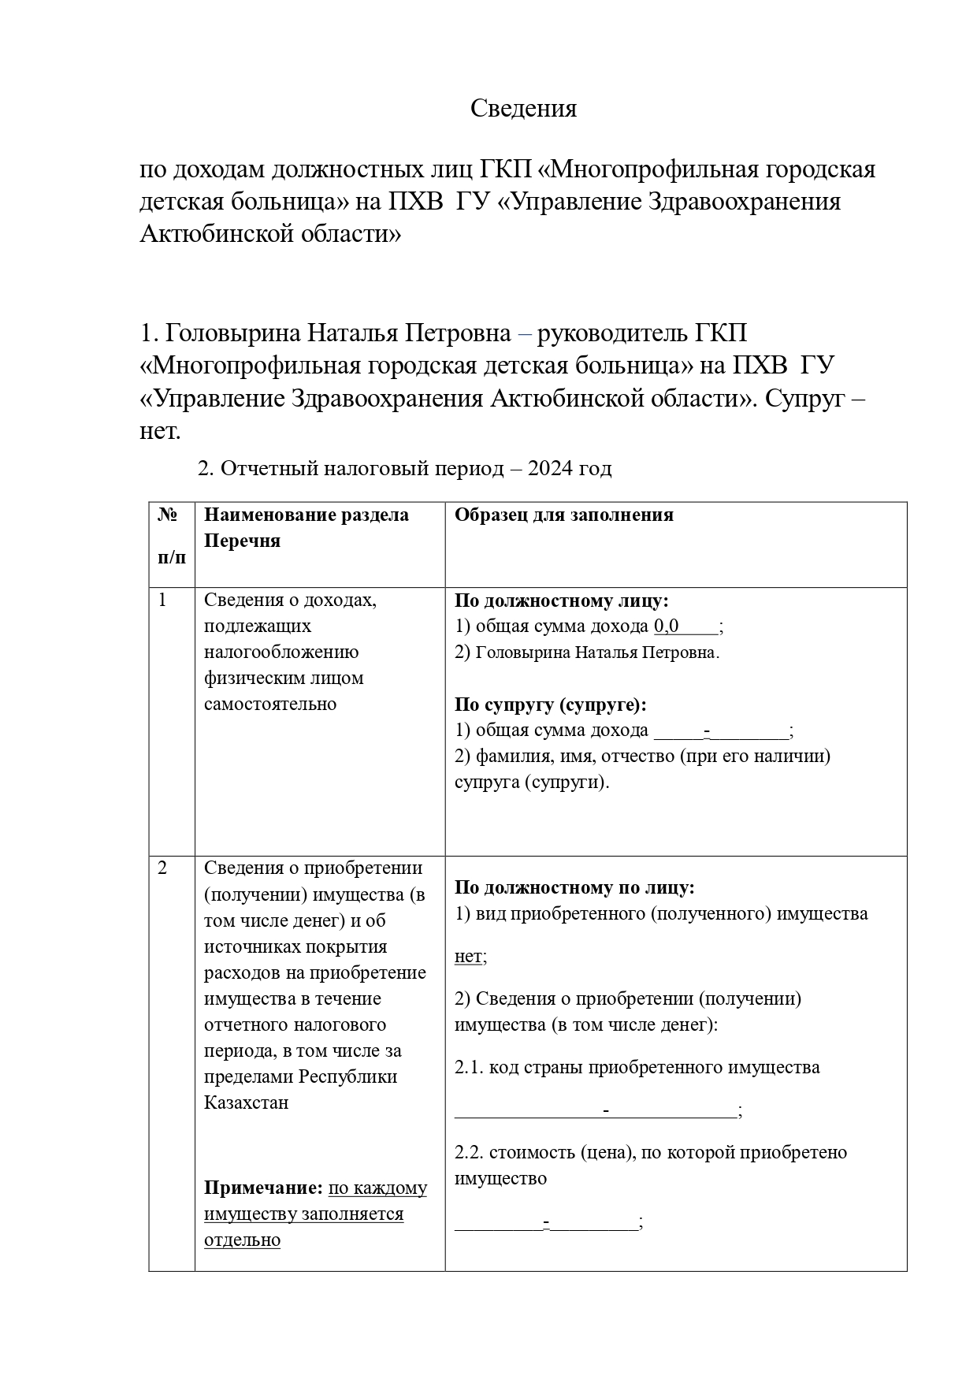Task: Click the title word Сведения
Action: click(x=523, y=108)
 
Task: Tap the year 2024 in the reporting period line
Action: click(x=551, y=469)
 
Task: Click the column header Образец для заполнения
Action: click(x=563, y=515)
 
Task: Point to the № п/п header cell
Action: click(x=172, y=536)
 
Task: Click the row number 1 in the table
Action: click(x=162, y=600)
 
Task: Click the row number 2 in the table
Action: click(x=162, y=868)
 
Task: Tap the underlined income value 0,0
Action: click(x=667, y=626)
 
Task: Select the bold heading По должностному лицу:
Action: click(x=561, y=600)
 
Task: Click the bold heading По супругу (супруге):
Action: click(x=550, y=705)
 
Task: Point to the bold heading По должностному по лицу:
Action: click(x=574, y=888)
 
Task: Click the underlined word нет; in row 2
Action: click(x=470, y=957)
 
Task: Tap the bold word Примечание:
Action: click(x=263, y=1188)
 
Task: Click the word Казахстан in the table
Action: click(x=247, y=1102)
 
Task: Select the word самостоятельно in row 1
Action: click(x=270, y=704)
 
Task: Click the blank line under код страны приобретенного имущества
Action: click(x=596, y=1111)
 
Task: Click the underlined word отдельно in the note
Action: click(x=242, y=1240)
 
